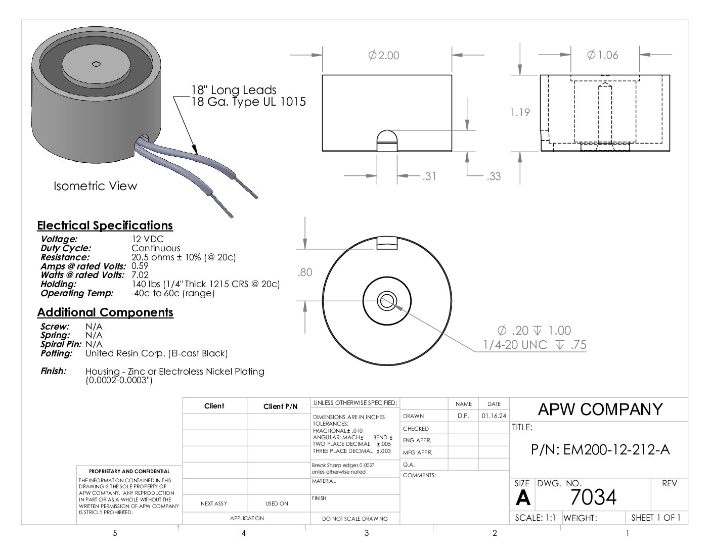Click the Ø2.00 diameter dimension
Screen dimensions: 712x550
(x=384, y=55)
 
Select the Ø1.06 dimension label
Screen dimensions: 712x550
(x=603, y=55)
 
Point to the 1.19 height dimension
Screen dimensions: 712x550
(x=520, y=112)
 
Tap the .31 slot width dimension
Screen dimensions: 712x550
(x=429, y=176)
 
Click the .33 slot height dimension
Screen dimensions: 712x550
(x=494, y=176)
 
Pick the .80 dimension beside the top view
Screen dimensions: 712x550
(x=305, y=272)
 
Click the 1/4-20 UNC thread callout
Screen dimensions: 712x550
(x=535, y=345)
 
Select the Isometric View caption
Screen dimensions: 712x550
(x=95, y=186)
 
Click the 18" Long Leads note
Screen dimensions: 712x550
(x=234, y=90)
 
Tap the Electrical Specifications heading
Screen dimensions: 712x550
(x=105, y=225)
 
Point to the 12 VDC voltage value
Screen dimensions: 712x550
(x=148, y=239)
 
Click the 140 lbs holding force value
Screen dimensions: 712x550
(x=206, y=284)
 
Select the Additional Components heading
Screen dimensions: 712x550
(x=105, y=312)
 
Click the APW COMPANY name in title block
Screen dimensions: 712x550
(x=600, y=409)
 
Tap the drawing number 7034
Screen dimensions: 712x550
(x=593, y=497)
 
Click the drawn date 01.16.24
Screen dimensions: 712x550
(x=494, y=416)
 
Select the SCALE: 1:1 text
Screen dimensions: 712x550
(x=535, y=518)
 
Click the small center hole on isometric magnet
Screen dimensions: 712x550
(x=96, y=64)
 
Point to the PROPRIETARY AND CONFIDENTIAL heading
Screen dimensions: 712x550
(x=129, y=471)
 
